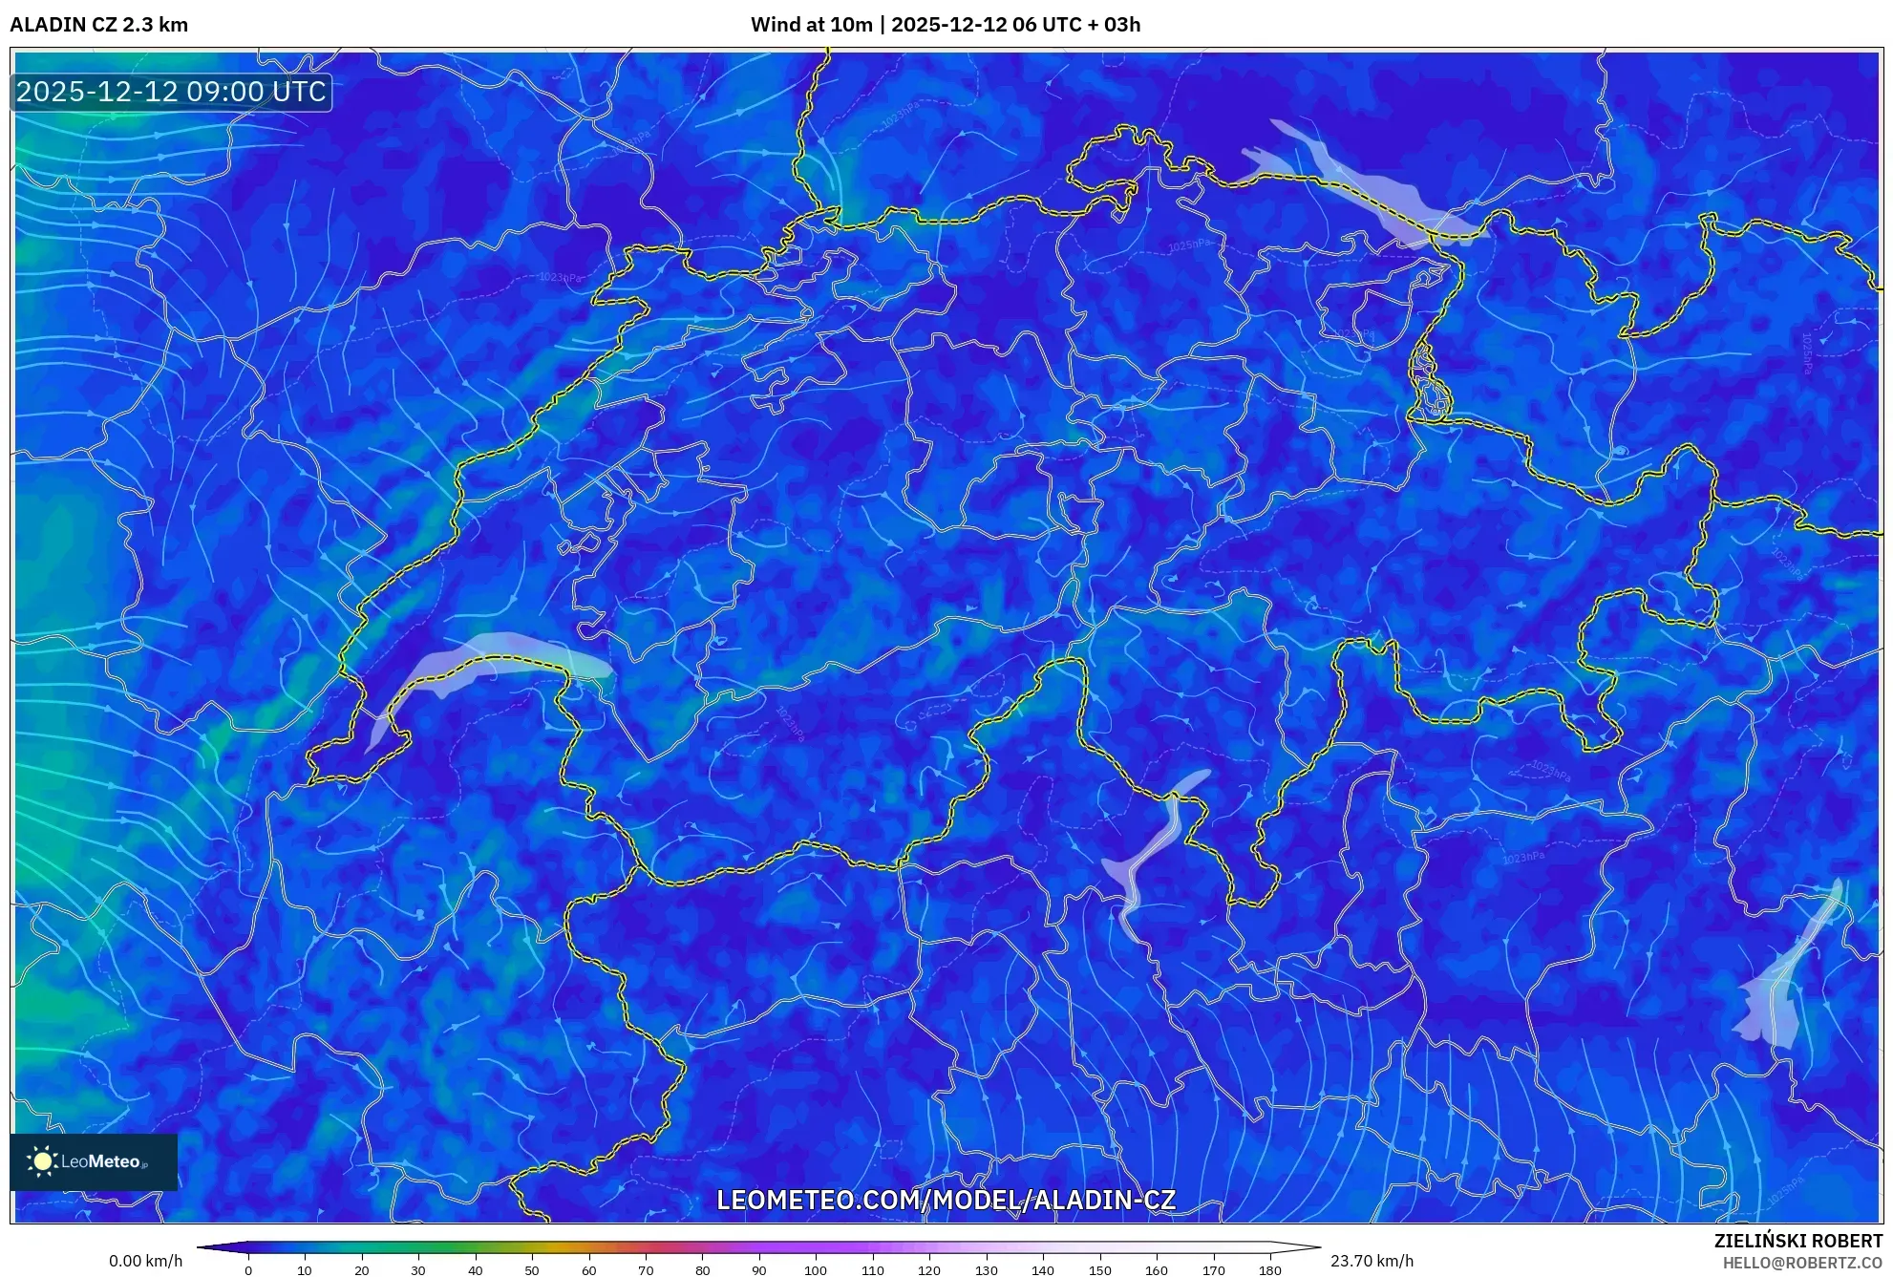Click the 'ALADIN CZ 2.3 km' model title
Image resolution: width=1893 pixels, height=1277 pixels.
pyautogui.click(x=98, y=25)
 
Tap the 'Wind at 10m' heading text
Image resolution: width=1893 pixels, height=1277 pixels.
pyautogui.click(x=811, y=25)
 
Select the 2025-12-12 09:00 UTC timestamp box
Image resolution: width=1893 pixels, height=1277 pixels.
pyautogui.click(x=171, y=92)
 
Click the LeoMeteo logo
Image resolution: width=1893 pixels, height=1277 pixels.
pyautogui.click(x=94, y=1161)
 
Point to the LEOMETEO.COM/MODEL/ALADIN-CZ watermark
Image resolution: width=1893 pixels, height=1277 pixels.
pyautogui.click(x=946, y=1200)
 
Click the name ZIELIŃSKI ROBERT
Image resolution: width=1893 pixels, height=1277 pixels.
pyautogui.click(x=1797, y=1241)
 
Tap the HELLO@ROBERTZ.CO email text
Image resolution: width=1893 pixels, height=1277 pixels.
pyautogui.click(x=1802, y=1263)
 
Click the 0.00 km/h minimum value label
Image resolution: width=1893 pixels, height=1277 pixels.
pyautogui.click(x=145, y=1261)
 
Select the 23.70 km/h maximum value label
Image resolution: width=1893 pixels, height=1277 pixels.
pyautogui.click(x=1372, y=1261)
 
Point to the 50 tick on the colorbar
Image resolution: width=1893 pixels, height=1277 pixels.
pyautogui.click(x=532, y=1269)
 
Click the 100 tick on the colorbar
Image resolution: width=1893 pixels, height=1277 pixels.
pyautogui.click(x=816, y=1269)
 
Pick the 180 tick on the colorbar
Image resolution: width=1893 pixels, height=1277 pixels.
pyautogui.click(x=1269, y=1269)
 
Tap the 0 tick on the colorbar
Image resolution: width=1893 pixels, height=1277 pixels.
pyautogui.click(x=248, y=1269)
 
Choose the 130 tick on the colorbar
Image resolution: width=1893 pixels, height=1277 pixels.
pyautogui.click(x=986, y=1269)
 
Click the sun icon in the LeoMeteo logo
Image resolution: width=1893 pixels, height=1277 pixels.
pyautogui.click(x=42, y=1161)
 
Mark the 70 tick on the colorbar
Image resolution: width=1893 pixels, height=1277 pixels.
pyautogui.click(x=646, y=1269)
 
